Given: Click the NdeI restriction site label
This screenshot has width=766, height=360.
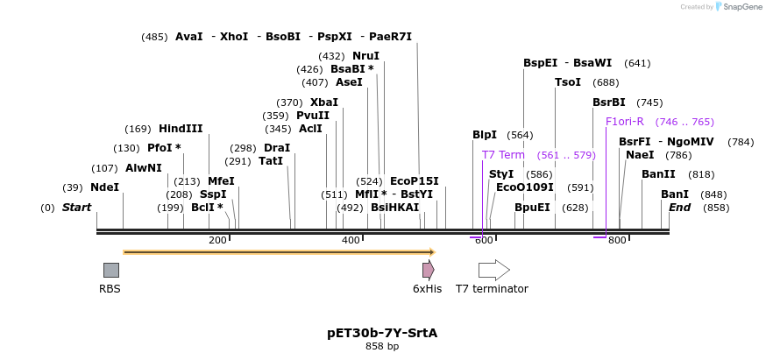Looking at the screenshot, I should [x=104, y=187].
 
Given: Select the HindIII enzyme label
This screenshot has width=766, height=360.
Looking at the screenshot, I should [x=181, y=129].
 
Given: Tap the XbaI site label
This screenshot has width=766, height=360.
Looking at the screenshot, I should [x=324, y=102].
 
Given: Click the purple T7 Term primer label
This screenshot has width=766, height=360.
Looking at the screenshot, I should [x=503, y=155].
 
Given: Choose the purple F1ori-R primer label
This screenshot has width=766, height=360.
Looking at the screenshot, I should [x=625, y=122].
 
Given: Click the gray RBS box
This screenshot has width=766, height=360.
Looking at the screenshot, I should [x=110, y=270].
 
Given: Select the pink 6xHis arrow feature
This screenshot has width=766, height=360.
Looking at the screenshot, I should [x=428, y=270].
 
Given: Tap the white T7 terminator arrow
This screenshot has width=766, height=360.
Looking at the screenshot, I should [x=493, y=270].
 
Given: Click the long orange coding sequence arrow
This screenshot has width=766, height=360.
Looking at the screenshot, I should [x=279, y=252].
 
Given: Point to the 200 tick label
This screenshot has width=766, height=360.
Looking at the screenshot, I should [x=217, y=240].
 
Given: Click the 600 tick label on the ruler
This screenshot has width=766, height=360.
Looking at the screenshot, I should [x=484, y=240].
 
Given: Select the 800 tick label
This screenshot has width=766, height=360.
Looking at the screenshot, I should [x=617, y=240].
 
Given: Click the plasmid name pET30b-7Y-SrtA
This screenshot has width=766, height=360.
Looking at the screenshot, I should [x=382, y=333].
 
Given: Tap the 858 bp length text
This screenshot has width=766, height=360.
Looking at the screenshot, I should [x=382, y=347].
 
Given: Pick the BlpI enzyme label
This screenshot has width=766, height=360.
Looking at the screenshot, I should [x=485, y=135].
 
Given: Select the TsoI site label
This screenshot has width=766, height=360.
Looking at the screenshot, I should [x=568, y=82].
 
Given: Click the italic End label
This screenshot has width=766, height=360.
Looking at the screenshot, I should [x=680, y=208].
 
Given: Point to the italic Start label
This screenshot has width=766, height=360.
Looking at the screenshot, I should [x=76, y=208].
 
